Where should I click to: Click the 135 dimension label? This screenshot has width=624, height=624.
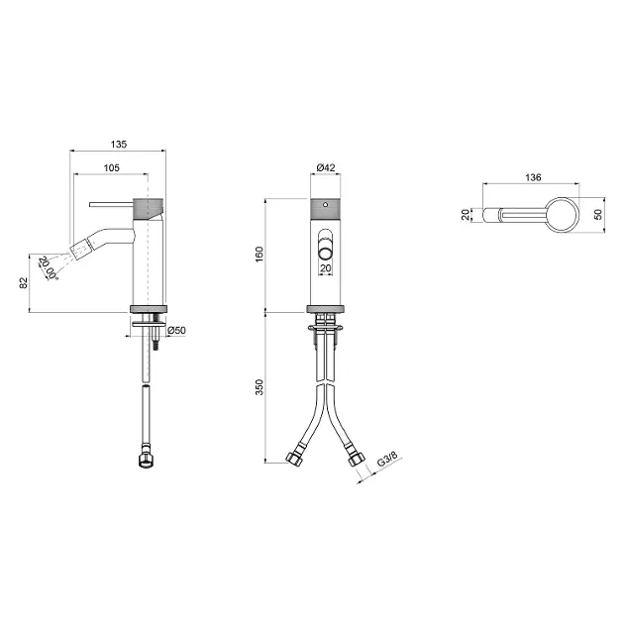[x=119, y=144]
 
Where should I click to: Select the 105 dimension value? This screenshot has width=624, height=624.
[x=111, y=168]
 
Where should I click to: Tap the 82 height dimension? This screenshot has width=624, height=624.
[x=24, y=283]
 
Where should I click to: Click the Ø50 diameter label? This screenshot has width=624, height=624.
[x=176, y=330]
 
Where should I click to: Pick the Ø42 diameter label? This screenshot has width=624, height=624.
[x=326, y=168]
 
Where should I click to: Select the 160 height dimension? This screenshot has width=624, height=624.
[x=260, y=255]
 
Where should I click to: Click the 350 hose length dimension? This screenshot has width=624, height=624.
[x=260, y=387]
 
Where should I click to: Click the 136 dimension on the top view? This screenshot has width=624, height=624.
[x=533, y=177]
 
